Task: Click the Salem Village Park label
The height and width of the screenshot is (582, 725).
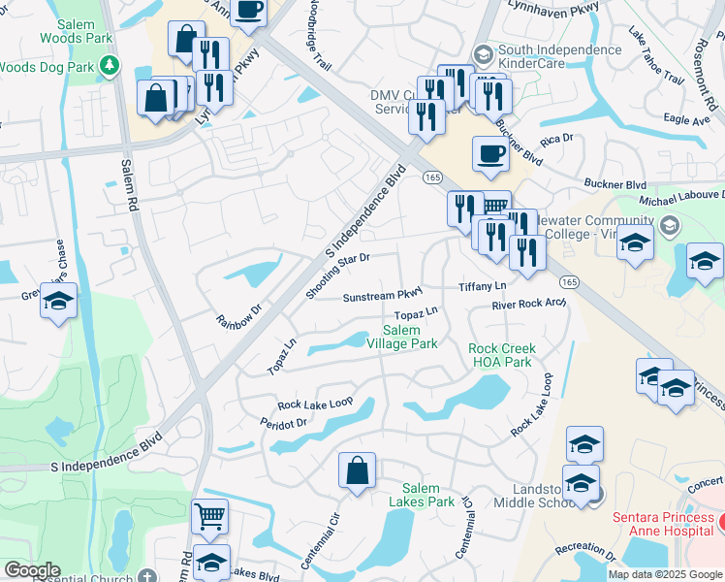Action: [x=402, y=337]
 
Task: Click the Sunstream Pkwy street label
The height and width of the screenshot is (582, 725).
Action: [x=385, y=296]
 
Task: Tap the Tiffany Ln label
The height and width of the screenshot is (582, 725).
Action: [x=483, y=287]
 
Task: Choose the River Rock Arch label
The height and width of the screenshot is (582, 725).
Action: [x=528, y=304]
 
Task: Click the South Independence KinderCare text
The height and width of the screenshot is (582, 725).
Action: [x=559, y=57]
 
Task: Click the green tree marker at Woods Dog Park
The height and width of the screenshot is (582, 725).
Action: [x=110, y=66]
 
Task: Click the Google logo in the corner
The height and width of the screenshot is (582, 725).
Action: [x=32, y=570]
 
